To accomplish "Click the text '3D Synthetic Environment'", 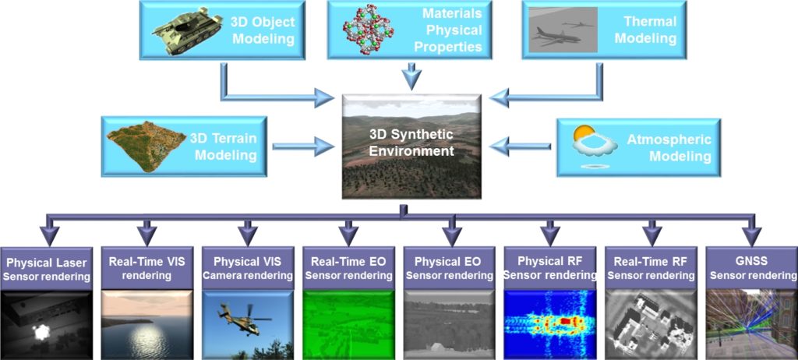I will (411, 143).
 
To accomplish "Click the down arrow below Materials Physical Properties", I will (411, 77).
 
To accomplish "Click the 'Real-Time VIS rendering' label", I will (147, 267).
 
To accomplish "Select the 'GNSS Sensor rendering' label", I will (751, 267).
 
